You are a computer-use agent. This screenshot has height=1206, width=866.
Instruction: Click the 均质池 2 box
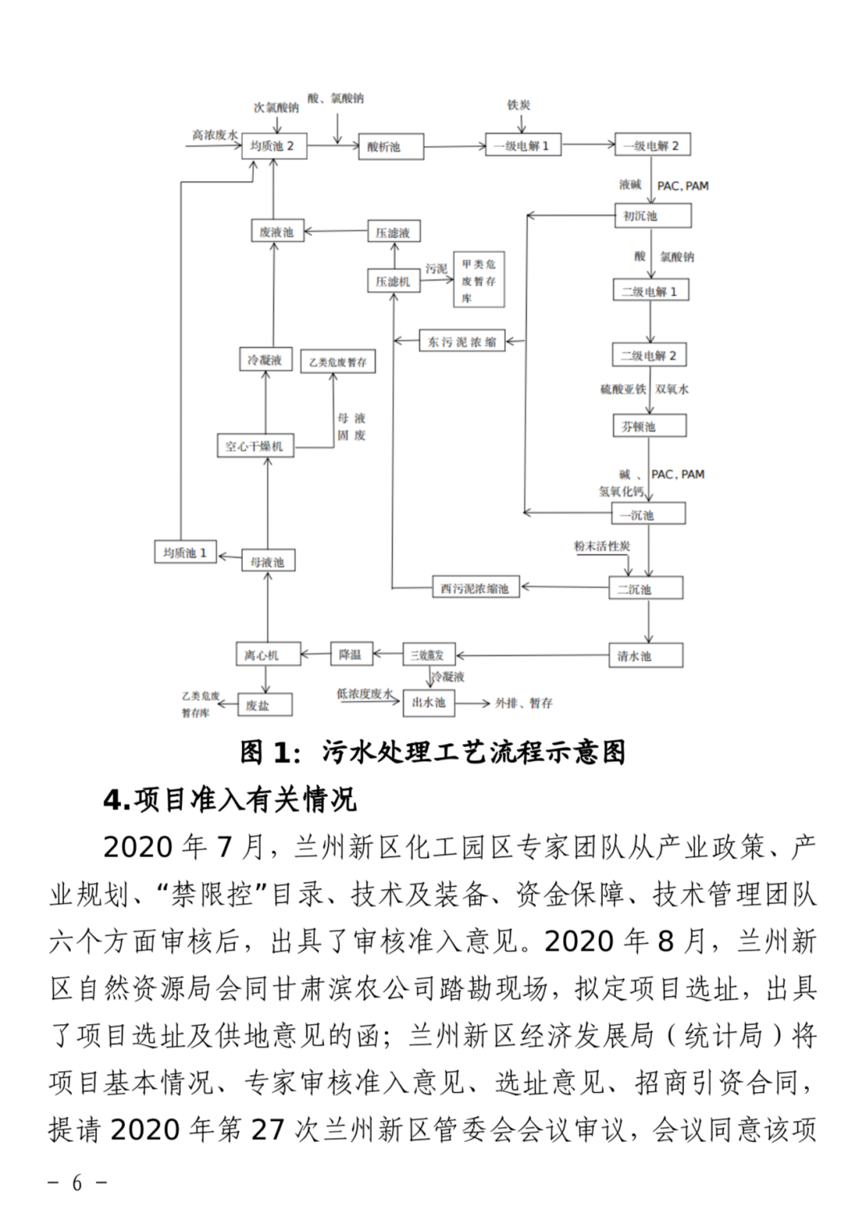pyautogui.click(x=273, y=146)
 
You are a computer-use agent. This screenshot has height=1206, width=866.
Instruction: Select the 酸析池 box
pyautogui.click(x=391, y=147)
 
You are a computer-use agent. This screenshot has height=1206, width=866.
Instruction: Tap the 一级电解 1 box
pyautogui.click(x=522, y=145)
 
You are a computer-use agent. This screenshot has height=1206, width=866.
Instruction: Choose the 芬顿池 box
pyautogui.click(x=649, y=426)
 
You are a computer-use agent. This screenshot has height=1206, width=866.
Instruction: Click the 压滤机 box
pyautogui.click(x=393, y=281)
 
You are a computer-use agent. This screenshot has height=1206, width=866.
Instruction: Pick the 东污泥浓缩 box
pyautogui.click(x=462, y=342)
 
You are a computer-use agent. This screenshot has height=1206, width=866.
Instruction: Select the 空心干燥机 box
pyautogui.click(x=255, y=446)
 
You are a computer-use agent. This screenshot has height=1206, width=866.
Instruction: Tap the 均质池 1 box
pyautogui.click(x=185, y=552)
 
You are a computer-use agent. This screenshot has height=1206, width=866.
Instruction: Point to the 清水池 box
pyautogui.click(x=646, y=656)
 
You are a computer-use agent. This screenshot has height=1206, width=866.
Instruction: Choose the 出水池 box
pyautogui.click(x=428, y=702)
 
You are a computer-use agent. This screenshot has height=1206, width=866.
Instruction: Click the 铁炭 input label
pyautogui.click(x=519, y=105)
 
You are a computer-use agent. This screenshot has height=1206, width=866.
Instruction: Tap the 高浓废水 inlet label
pyautogui.click(x=214, y=135)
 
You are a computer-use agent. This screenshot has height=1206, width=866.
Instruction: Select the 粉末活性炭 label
pyautogui.click(x=601, y=546)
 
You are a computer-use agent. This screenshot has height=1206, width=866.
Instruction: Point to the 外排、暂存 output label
pyautogui.click(x=524, y=703)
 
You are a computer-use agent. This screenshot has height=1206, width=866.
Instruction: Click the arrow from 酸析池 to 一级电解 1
pyautogui.click(x=455, y=146)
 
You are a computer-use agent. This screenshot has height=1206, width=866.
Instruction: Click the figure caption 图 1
pyautogui.click(x=433, y=752)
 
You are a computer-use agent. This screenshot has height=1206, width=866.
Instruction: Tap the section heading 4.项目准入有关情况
pyautogui.click(x=229, y=799)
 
